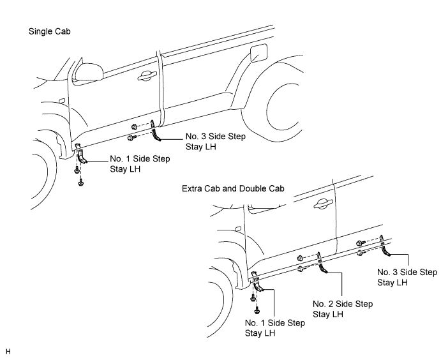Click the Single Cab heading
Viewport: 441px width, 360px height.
pyautogui.click(x=50, y=31)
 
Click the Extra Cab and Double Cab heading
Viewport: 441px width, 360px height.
pyautogui.click(x=233, y=188)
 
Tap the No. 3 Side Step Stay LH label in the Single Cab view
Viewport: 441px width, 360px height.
pyautogui.click(x=216, y=142)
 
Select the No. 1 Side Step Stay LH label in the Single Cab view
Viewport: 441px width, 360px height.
pyautogui.click(x=140, y=163)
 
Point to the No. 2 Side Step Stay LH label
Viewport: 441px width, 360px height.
pyautogui.click(x=343, y=309)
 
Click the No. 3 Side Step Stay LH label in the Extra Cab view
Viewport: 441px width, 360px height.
pyautogui.click(x=407, y=277)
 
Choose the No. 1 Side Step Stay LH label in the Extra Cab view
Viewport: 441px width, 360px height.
pyautogui.click(x=275, y=328)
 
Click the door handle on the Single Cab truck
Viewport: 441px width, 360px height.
pyautogui.click(x=147, y=75)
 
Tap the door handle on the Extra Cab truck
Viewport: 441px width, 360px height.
pyautogui.click(x=323, y=204)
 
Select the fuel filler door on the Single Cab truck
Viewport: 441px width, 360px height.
pyautogui.click(x=258, y=53)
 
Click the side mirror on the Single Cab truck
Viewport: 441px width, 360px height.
pyautogui.click(x=89, y=72)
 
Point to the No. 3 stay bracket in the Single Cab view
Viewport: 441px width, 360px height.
pyautogui.click(x=155, y=130)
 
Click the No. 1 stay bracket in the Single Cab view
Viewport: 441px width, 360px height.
pyautogui.click(x=81, y=153)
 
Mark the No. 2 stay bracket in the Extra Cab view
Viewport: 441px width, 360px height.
pyautogui.click(x=322, y=262)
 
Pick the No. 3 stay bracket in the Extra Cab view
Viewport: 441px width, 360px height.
pyautogui.click(x=384, y=246)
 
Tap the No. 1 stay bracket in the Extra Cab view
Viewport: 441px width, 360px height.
pyautogui.click(x=257, y=282)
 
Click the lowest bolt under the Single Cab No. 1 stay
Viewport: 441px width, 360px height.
pyautogui.click(x=80, y=183)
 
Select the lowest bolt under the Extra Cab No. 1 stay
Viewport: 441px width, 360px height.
pyautogui.click(x=257, y=310)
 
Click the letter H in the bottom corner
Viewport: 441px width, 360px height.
pyautogui.click(x=8, y=351)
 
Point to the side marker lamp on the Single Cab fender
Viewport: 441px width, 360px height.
pyautogui.click(x=62, y=100)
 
